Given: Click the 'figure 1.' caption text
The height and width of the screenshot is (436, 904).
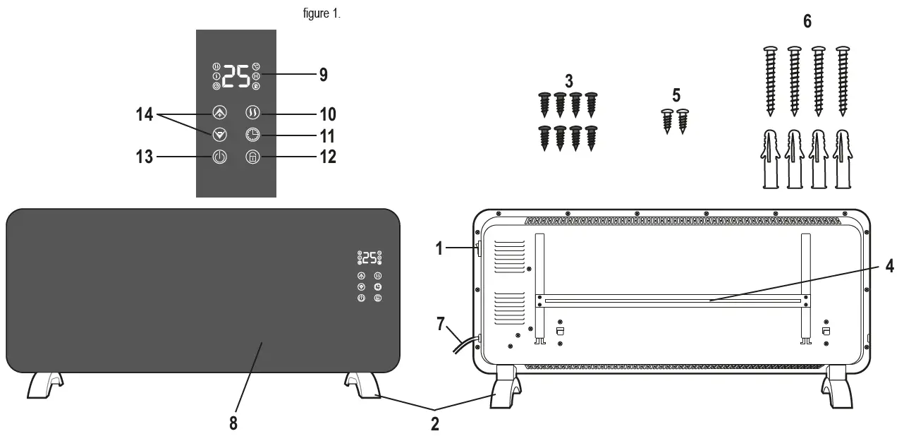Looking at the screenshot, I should tap(322, 14).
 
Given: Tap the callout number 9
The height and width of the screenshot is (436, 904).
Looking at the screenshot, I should tap(323, 75).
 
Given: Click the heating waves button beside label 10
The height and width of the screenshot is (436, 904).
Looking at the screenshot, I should tap(253, 113).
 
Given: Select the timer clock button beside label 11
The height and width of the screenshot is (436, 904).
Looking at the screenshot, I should tap(253, 135).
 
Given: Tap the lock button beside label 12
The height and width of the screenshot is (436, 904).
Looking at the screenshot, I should tap(253, 157).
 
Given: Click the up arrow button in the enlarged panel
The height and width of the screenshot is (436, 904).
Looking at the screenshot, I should tap(219, 113).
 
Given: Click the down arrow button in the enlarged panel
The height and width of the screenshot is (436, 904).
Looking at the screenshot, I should tap(219, 135).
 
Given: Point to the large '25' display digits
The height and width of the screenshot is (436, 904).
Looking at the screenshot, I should tap(236, 76).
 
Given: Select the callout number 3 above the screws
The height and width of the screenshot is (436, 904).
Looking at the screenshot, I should tap(568, 80).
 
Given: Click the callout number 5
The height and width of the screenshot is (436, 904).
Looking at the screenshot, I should tap(676, 95).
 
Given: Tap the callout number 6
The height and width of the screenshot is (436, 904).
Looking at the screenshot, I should tap(807, 22).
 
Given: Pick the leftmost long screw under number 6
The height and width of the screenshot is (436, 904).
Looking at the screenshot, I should tap(770, 80).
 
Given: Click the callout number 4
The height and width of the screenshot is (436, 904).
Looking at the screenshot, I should tap(890, 267).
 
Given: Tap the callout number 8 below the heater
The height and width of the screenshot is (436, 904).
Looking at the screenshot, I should tap(233, 423).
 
